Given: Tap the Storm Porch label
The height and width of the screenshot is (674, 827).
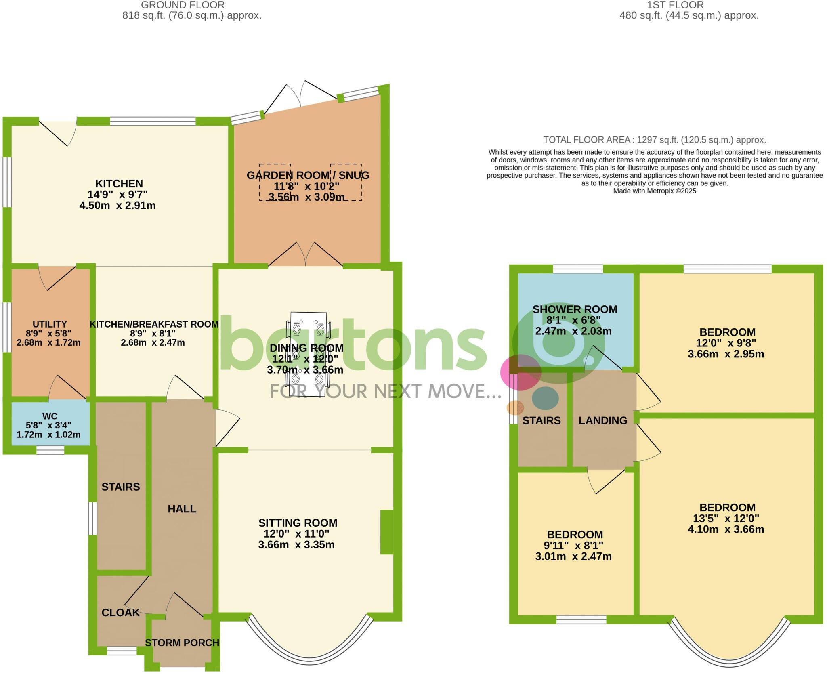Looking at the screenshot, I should click(x=182, y=643).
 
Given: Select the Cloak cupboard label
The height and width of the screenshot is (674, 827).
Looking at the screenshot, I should click(x=120, y=613).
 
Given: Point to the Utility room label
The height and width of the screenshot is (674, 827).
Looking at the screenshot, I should click(x=50, y=324).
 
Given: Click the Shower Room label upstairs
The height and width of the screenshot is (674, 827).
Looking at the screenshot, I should click(x=575, y=309).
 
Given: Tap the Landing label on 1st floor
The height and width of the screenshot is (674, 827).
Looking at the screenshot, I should click(x=603, y=420).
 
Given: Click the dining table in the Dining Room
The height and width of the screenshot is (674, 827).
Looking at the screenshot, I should click(x=309, y=354).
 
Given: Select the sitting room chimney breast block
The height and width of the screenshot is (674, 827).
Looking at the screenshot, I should click(x=386, y=532).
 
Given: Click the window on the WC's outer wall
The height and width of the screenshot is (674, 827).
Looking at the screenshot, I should click(x=50, y=450).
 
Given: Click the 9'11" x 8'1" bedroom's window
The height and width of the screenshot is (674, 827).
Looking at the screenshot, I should click(x=581, y=619).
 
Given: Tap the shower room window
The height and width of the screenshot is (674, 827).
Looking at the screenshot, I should click(x=577, y=269).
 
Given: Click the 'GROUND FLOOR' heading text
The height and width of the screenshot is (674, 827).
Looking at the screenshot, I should click(x=183, y=5).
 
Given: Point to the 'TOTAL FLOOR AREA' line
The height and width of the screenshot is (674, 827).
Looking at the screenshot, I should click(x=654, y=140).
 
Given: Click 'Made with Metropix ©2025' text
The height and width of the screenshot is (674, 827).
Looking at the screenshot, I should click(x=654, y=191).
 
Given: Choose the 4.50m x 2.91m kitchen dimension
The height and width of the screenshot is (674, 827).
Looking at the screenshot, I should click(x=118, y=205).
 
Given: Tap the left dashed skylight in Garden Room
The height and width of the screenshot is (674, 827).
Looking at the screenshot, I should click(x=275, y=182).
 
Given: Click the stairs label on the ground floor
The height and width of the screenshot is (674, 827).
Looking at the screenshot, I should click(x=120, y=487).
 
